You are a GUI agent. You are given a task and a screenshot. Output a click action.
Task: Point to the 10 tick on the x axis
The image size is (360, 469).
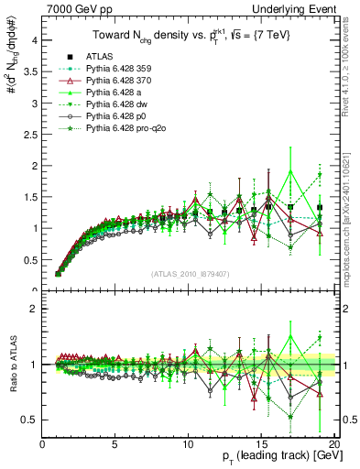(188, 444)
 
